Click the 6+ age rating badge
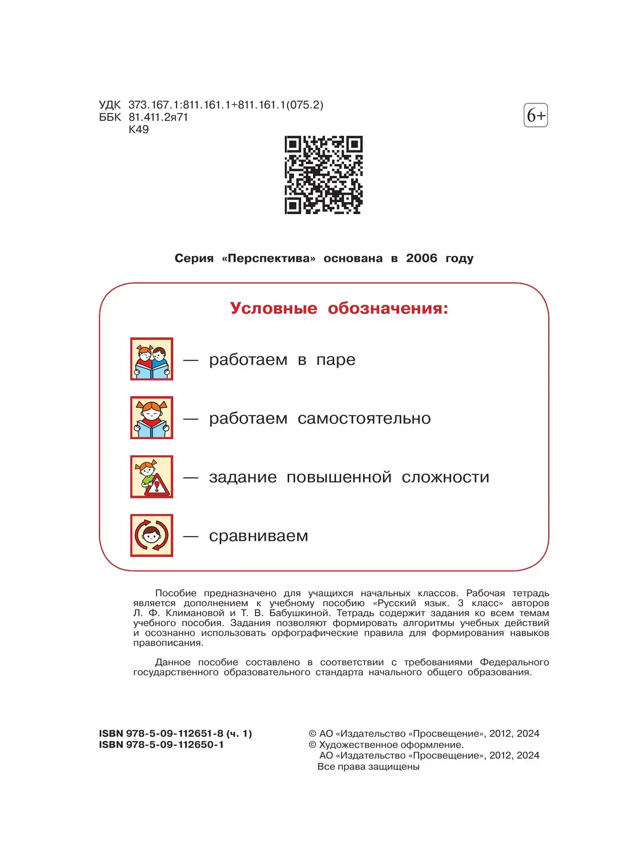(x=536, y=115)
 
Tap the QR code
(x=323, y=175)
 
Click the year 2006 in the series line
(x=421, y=258)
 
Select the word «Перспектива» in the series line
(x=269, y=258)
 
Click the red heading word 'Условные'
(x=273, y=308)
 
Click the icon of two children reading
(x=152, y=359)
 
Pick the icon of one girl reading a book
(x=152, y=418)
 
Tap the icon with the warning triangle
(x=152, y=477)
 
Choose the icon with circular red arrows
(x=152, y=536)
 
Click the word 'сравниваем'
(x=259, y=536)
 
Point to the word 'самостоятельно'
(x=364, y=418)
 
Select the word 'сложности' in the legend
(x=445, y=477)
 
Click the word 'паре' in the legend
(x=335, y=360)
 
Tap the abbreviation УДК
(x=110, y=105)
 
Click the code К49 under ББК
(x=139, y=129)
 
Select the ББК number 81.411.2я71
(x=158, y=117)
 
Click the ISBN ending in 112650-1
(x=161, y=745)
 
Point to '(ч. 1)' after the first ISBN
(x=239, y=734)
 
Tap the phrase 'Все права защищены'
(x=368, y=767)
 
